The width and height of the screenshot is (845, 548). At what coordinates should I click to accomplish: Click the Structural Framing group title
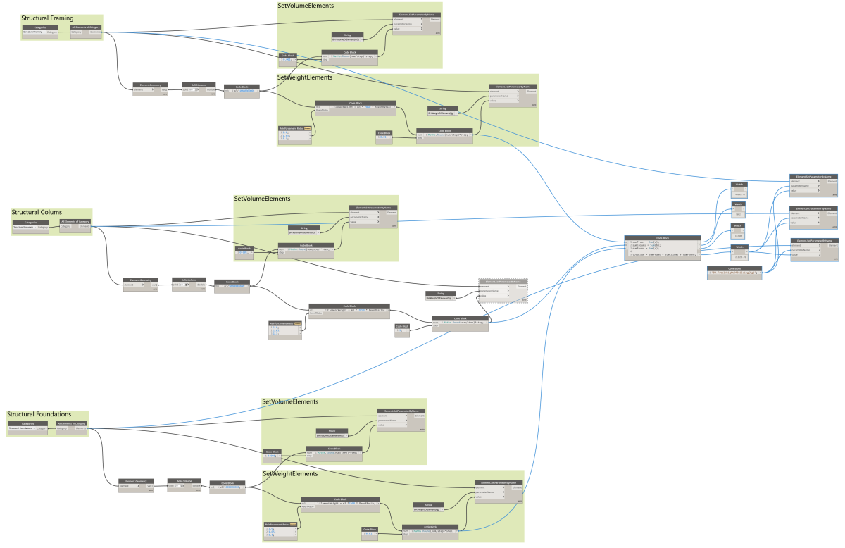coord(47,18)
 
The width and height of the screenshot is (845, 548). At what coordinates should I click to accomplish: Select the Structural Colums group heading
coord(37,212)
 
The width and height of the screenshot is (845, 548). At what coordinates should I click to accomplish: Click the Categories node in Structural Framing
coord(40,30)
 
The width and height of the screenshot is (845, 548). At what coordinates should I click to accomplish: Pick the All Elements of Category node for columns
coord(75,225)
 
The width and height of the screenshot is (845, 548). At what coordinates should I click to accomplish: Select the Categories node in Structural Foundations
coord(27,426)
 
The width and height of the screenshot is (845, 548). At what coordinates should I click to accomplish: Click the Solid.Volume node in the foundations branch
coord(180,484)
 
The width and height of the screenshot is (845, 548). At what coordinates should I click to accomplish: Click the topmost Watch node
coord(738,188)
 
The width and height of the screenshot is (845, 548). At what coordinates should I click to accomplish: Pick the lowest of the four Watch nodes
coord(739,251)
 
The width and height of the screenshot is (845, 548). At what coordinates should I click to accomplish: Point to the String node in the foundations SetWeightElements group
coord(427,506)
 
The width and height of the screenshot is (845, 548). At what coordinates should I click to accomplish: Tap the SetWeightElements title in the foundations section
coord(290,474)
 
